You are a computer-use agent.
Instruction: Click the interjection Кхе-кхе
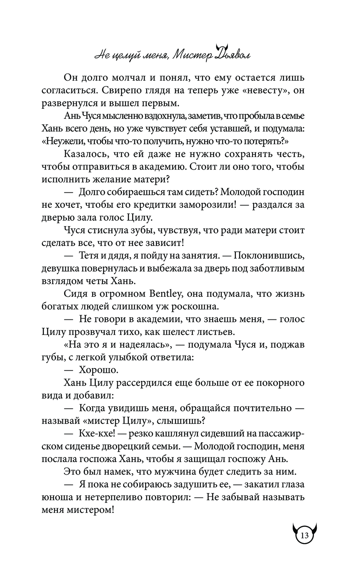(x=95, y=434)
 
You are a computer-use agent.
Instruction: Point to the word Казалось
(x=85, y=154)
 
